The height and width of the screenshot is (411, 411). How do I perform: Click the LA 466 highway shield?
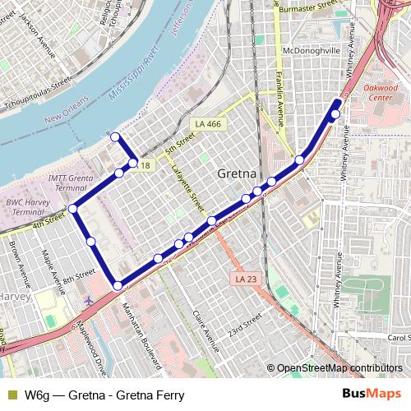(207, 124)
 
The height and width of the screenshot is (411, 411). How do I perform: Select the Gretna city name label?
(239, 174)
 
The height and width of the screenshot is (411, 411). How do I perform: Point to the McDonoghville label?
(311, 49)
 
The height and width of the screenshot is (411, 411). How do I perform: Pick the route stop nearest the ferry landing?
(115, 136)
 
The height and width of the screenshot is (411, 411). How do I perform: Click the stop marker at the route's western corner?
(72, 209)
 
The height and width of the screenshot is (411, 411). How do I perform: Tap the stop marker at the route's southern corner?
(118, 285)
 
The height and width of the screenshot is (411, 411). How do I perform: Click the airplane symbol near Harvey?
(89, 300)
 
